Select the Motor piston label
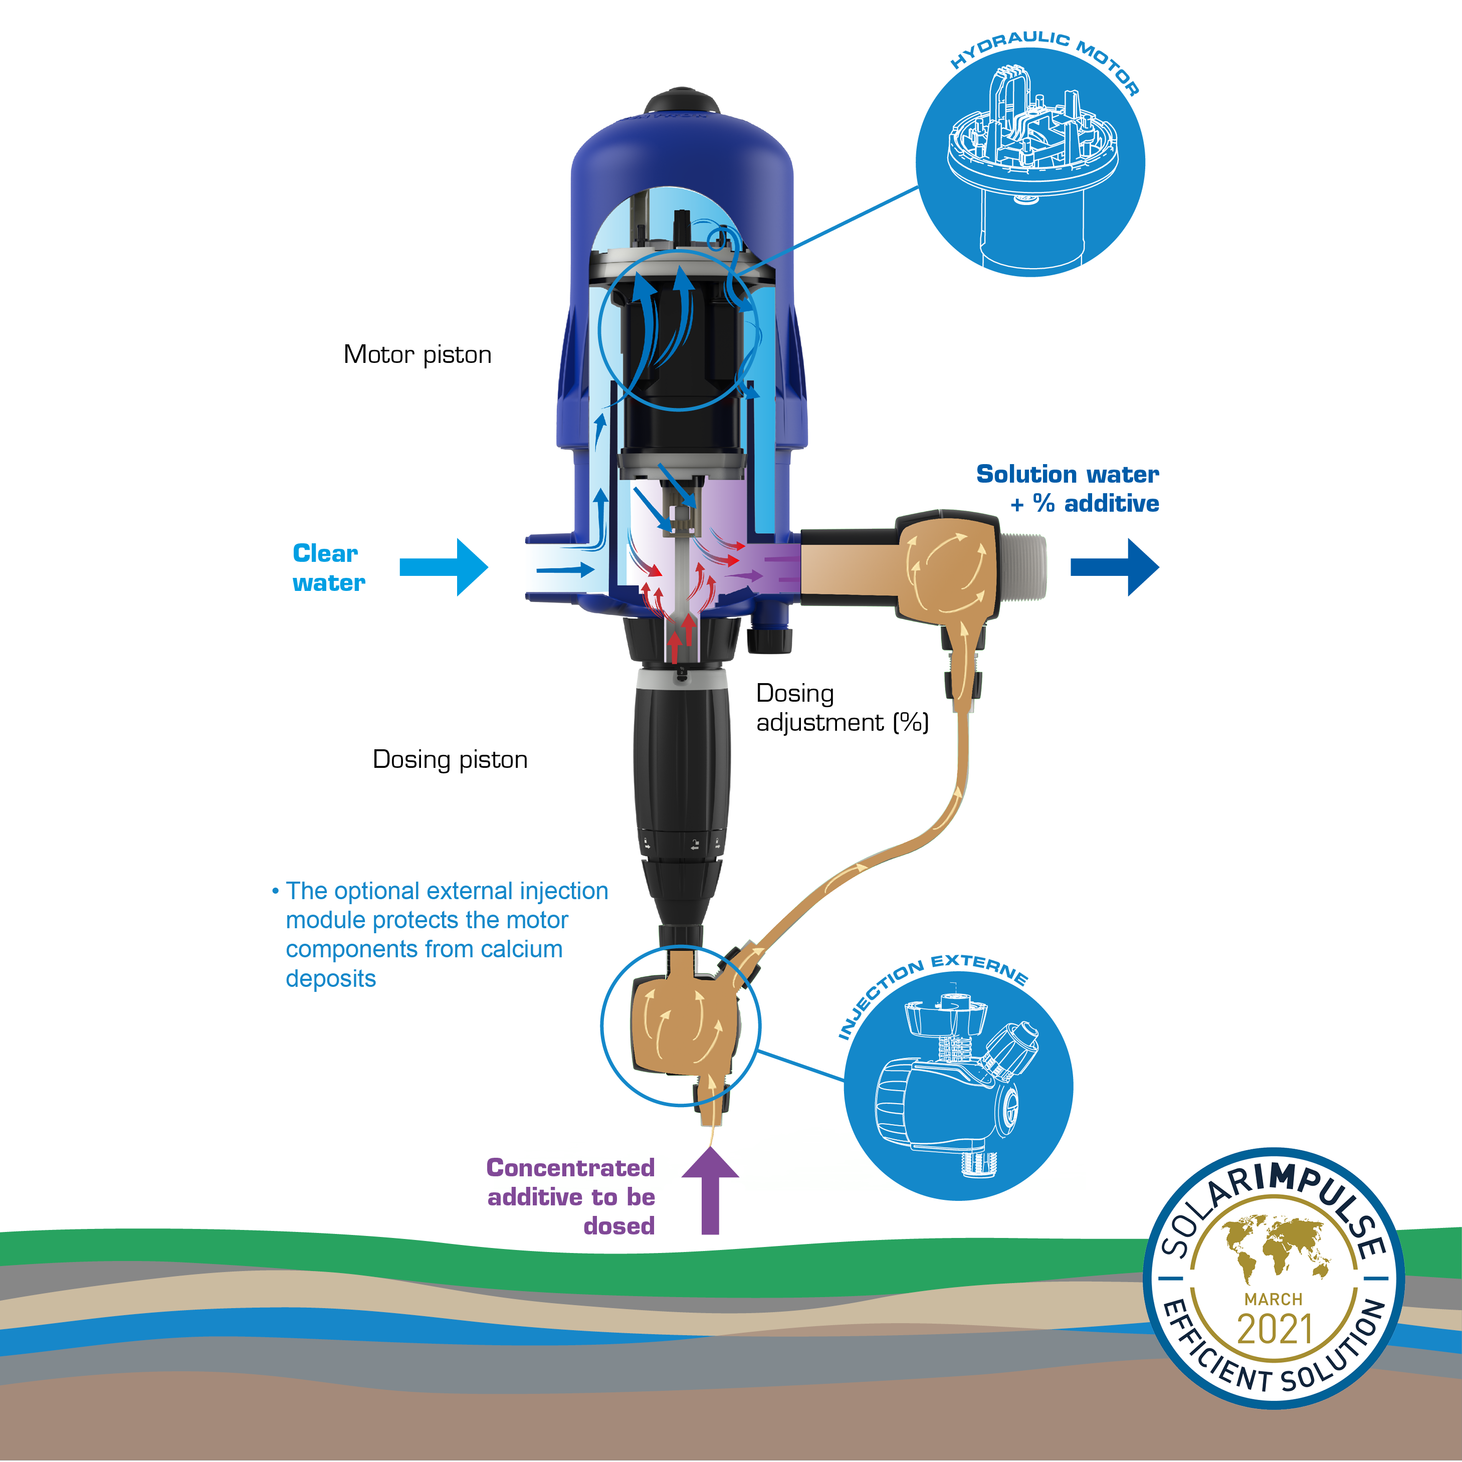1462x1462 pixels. [x=417, y=355]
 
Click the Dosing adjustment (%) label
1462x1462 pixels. [x=842, y=708]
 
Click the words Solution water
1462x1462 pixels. [x=1067, y=475]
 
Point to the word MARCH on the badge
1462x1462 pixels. [x=1274, y=1299]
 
